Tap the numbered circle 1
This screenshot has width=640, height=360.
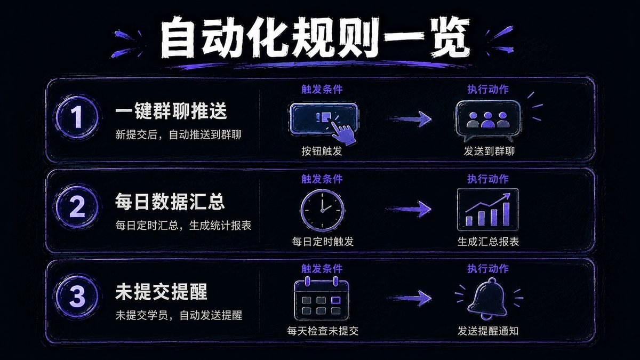(77, 117)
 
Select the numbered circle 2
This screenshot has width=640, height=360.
(77, 207)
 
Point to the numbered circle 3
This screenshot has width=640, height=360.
(77, 296)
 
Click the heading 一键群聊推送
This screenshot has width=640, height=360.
(171, 111)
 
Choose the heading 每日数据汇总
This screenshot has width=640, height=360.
(170, 202)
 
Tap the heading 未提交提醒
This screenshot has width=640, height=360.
(162, 292)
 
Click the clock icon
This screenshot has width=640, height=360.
(322, 211)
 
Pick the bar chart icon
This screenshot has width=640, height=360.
(487, 210)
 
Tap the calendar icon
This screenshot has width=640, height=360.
(322, 298)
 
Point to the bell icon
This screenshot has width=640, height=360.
(487, 298)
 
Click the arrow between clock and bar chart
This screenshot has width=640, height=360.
(409, 209)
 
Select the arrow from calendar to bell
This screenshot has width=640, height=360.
(409, 298)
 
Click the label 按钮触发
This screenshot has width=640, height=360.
(322, 151)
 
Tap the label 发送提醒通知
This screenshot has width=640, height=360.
(488, 331)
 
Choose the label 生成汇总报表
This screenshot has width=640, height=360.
(488, 242)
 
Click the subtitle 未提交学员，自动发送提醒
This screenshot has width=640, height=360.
(179, 315)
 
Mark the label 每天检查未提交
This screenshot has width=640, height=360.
(323, 331)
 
